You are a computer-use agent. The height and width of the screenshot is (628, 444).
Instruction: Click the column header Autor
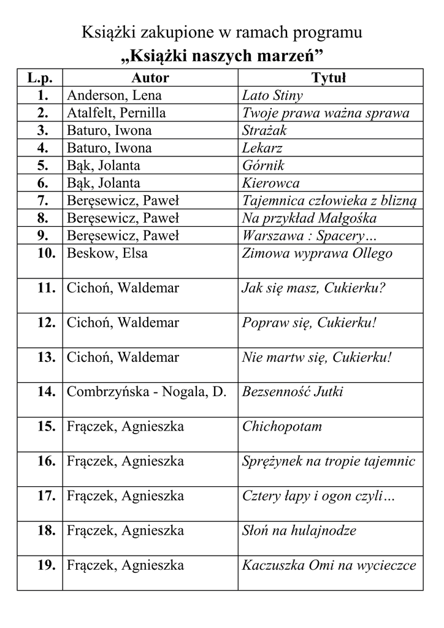pyautogui.click(x=150, y=78)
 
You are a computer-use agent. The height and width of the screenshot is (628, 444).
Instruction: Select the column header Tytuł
pyautogui.click(x=329, y=78)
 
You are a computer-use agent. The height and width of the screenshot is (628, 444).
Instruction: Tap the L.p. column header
pyautogui.click(x=40, y=78)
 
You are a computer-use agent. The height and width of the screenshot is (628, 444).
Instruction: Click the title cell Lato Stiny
pyautogui.click(x=272, y=96)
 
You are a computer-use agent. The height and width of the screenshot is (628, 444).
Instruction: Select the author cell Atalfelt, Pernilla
pyautogui.click(x=116, y=113)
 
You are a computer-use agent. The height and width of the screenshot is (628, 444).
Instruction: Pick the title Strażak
pyautogui.click(x=264, y=131)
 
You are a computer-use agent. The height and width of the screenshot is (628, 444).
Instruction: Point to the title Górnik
pyautogui.click(x=263, y=166)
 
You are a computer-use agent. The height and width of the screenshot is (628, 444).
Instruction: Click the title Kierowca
pyautogui.click(x=270, y=183)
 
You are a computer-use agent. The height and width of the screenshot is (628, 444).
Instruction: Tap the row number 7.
pyautogui.click(x=42, y=201)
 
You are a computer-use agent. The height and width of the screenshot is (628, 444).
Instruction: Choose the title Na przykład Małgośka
pyautogui.click(x=309, y=218)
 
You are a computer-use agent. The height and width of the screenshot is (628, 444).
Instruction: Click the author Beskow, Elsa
pyautogui.click(x=107, y=253)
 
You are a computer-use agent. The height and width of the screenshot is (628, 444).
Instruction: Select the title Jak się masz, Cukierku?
pyautogui.click(x=313, y=288)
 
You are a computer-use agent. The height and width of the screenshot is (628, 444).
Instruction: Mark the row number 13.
pyautogui.click(x=46, y=358)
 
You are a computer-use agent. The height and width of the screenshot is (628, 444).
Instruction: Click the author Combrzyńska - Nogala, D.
pyautogui.click(x=147, y=392)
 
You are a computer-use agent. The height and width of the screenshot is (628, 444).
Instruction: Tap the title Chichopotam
pyautogui.click(x=282, y=427)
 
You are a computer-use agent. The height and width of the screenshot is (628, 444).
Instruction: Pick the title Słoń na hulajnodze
pyautogui.click(x=299, y=530)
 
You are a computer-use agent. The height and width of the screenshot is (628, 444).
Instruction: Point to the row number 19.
pyautogui.click(x=46, y=565)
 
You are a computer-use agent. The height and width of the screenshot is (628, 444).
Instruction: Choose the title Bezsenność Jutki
pyautogui.click(x=293, y=392)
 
